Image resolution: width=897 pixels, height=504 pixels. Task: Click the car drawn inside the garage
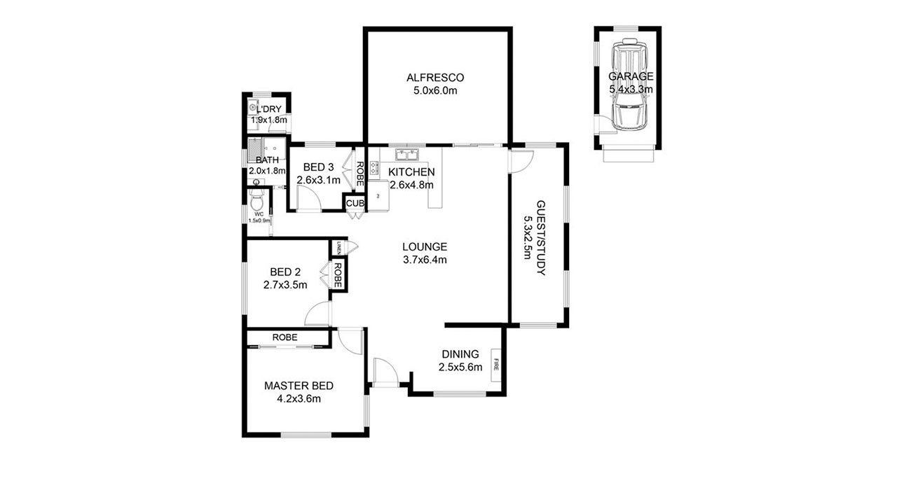click(x=629, y=87)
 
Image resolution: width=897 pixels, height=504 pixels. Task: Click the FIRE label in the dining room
click(x=496, y=364)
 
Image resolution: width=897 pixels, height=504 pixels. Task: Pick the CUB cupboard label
click(x=354, y=204)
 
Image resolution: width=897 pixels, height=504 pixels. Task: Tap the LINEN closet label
click(x=338, y=247)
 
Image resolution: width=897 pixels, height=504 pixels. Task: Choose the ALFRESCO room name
click(x=435, y=77)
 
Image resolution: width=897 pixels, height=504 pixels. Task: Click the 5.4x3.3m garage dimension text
click(x=631, y=90)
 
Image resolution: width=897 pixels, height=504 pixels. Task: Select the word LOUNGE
click(x=425, y=246)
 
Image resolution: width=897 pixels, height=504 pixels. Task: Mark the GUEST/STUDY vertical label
click(x=540, y=237)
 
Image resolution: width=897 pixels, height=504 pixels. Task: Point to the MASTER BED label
click(x=298, y=386)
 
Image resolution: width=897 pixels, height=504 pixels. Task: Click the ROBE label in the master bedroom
click(x=285, y=337)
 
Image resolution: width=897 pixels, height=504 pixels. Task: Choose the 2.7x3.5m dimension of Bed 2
click(x=285, y=285)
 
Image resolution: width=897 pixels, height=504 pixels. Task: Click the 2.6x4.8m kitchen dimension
click(x=411, y=185)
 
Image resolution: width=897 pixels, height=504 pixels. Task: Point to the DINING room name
click(x=460, y=354)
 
